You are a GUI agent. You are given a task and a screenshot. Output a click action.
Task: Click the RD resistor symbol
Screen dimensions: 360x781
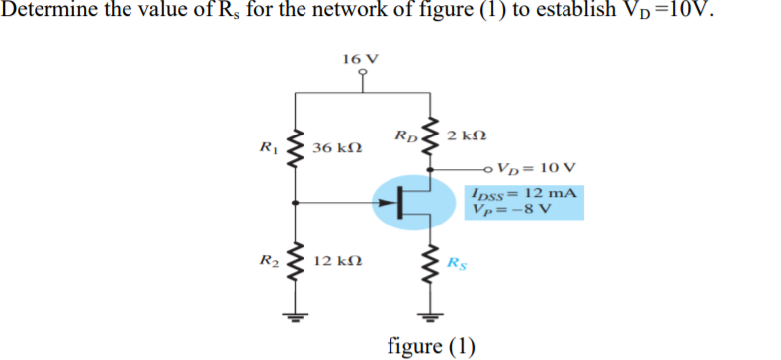coord(429,135)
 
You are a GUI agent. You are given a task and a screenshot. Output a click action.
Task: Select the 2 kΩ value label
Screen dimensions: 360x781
coord(466,135)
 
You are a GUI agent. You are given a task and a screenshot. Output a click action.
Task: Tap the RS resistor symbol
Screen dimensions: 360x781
coord(429,264)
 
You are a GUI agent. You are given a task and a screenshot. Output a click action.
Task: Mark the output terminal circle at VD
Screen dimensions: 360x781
coord(490,168)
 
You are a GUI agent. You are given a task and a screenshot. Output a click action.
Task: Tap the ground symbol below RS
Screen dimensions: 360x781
coord(429,317)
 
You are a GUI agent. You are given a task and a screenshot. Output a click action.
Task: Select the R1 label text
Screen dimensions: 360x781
coord(266,148)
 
